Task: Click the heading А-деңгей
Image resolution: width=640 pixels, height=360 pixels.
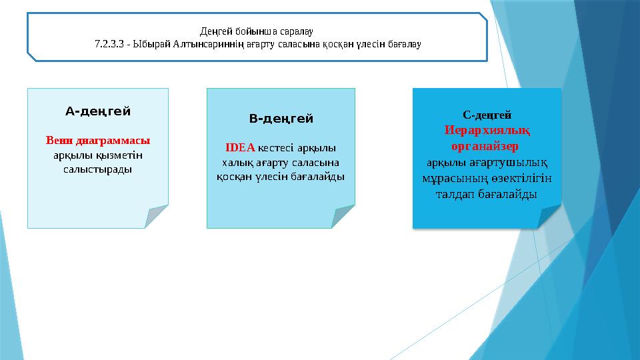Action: click(98, 111)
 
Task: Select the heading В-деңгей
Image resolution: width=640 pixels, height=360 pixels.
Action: click(281, 119)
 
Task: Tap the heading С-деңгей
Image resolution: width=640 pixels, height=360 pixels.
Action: click(487, 115)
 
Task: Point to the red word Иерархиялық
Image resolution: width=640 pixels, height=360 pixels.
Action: click(487, 129)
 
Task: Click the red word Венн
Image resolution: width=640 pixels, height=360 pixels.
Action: click(59, 141)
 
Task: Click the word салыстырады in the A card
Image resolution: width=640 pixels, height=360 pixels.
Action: click(98, 169)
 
